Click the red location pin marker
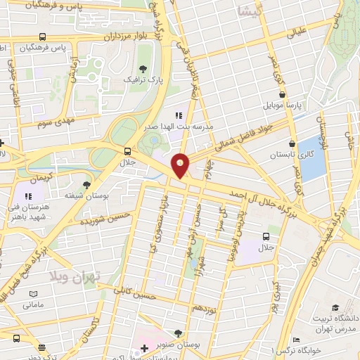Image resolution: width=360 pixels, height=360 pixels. point(180,165)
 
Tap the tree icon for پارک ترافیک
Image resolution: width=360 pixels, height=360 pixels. point(143,68)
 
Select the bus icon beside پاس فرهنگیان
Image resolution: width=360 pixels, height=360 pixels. point(44,37)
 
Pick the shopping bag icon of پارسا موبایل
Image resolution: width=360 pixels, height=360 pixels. point(281,94)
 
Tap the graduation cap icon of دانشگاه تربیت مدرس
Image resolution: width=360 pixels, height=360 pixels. point(335,307)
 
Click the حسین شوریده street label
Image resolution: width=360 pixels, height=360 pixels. point(105,219)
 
